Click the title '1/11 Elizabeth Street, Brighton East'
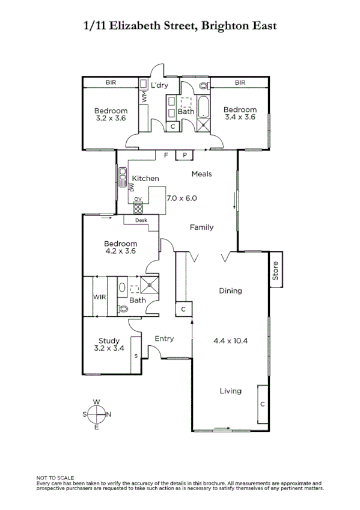180,26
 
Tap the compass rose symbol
96,414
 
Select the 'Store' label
276,271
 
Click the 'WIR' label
99,297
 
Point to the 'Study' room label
109,340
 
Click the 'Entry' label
164,339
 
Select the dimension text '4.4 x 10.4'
231,340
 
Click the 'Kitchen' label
145,179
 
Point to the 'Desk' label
141,220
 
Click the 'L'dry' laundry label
159,86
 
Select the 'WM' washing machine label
144,96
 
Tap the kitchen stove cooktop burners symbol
138,209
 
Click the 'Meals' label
202,174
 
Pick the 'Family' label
201,227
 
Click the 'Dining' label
230,291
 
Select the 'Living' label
230,391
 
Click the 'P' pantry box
185,155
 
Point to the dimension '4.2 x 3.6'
117,251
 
